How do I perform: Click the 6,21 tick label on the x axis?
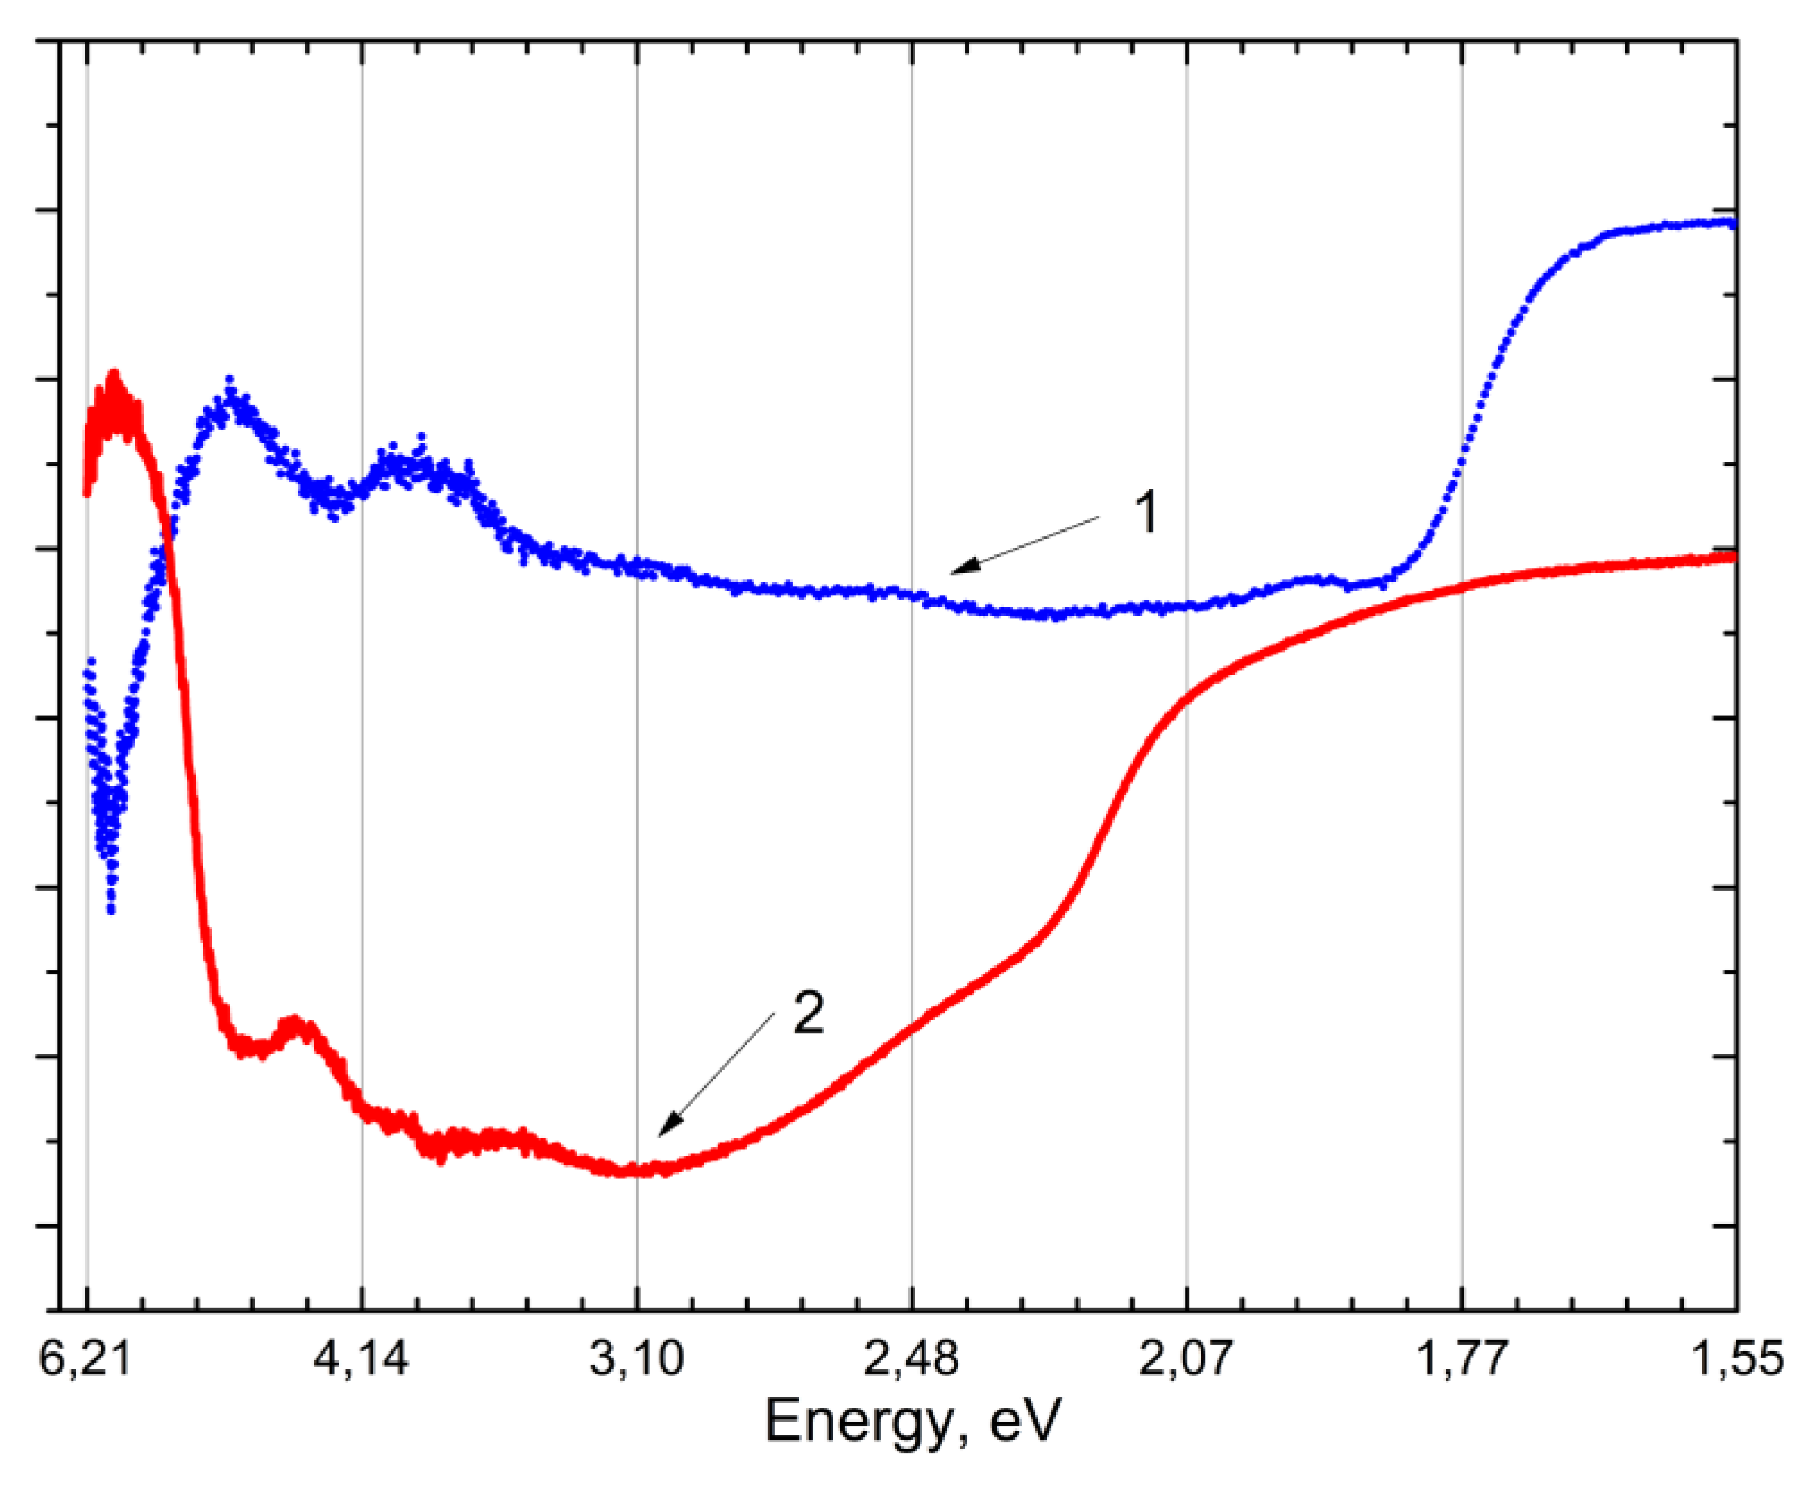coord(85,1358)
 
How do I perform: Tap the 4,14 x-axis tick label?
coord(361,1358)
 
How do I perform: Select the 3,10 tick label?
coord(636,1358)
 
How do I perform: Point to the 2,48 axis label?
coord(912,1358)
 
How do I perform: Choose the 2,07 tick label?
coord(1186,1358)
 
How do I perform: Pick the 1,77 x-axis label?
coord(1461,1358)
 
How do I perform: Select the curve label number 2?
coord(809,1013)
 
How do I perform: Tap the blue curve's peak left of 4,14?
coord(229,380)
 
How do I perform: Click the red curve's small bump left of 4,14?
coord(296,1023)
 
